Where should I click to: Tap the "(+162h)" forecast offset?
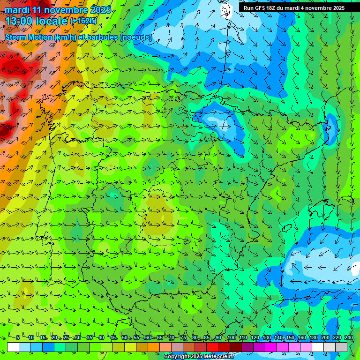pos(83,21)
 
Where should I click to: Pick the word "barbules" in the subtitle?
pos(102,37)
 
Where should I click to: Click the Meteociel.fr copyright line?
pos(199,357)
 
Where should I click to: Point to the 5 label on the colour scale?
pos(18,338)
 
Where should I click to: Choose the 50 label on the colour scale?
pos(125,338)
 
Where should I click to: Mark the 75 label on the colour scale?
pos(183,338)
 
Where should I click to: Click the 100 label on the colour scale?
pos(231,338)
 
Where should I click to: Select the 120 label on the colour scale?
pos(255,338)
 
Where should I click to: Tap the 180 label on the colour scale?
pos(313,338)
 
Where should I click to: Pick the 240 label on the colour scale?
pos(348,338)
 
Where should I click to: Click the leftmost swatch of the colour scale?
pos(13,347)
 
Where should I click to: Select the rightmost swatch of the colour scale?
pos(341,347)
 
